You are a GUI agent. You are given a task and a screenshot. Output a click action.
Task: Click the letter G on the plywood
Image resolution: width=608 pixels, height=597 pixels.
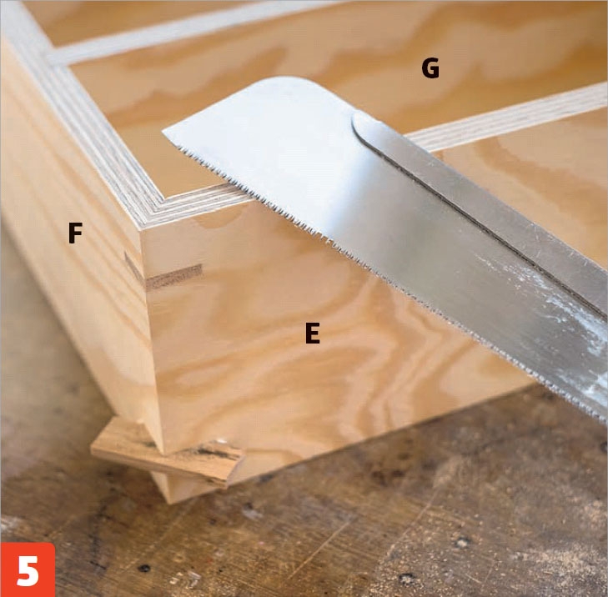[x=430, y=68]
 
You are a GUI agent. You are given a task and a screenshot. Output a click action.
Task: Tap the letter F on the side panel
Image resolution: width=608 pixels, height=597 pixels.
[x=75, y=233]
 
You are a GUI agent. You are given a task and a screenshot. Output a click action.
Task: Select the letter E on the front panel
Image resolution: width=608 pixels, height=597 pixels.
[x=313, y=334]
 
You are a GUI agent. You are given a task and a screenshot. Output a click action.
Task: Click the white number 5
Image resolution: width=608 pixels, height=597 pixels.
[x=28, y=570]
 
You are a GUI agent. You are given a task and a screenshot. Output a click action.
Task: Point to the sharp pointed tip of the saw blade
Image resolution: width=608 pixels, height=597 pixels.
[x=163, y=131]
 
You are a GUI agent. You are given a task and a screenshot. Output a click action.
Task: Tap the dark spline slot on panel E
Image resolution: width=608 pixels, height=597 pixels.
[x=174, y=277]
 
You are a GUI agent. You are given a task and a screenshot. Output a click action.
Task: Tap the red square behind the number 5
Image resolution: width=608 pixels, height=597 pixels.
[x=28, y=569]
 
